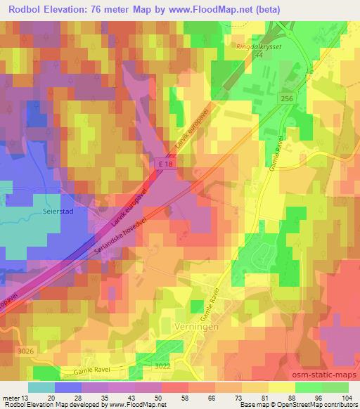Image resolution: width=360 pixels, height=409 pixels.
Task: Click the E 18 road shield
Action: click(164, 163)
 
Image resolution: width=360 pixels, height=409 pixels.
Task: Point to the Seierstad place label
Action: click(69, 209)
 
